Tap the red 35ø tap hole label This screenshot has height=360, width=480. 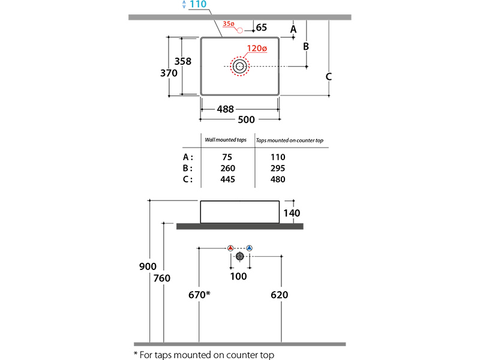tap(228, 24)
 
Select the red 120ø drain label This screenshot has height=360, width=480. tap(255, 49)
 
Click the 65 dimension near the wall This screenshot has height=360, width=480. tap(262, 28)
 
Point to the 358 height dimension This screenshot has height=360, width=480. tap(182, 61)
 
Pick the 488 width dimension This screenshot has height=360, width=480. tap(226, 109)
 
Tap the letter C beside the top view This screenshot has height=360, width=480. tap(329, 76)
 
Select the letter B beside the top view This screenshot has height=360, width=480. tap(305, 46)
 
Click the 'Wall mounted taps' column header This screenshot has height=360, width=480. tap(226, 140)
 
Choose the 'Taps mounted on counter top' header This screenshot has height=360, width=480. tap(290, 140)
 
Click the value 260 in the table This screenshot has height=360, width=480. tap(228, 168)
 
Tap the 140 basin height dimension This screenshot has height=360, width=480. tap(292, 213)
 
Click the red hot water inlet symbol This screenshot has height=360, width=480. tap(231, 248)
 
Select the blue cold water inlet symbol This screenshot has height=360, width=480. tap(249, 248)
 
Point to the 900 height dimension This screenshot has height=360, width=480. tap(148, 266)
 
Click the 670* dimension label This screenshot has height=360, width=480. tap(199, 295)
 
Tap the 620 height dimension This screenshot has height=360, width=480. tap(280, 295)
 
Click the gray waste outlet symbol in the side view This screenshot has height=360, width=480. tap(240, 257)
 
